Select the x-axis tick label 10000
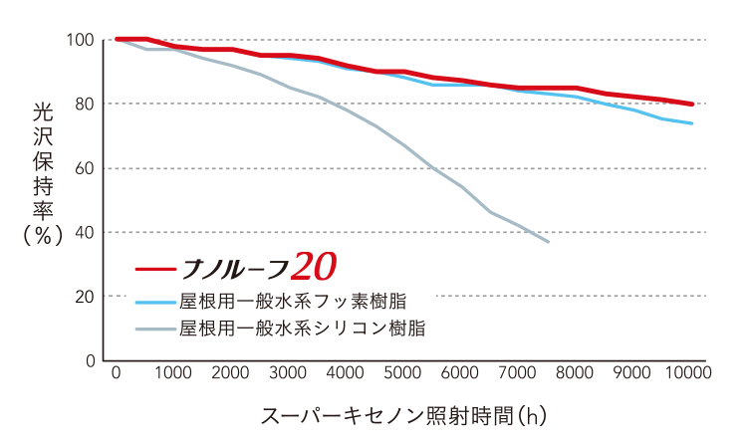pyautogui.click(x=690, y=373)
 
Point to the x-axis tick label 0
pyautogui.click(x=117, y=373)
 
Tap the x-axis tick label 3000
pyautogui.click(x=289, y=373)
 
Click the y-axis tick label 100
pyautogui.click(x=80, y=40)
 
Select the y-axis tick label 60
pyautogui.click(x=84, y=168)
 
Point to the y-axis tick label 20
pyautogui.click(x=84, y=297)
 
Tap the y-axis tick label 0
pyautogui.click(x=89, y=360)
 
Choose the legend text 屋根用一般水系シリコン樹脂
pyautogui.click(x=303, y=329)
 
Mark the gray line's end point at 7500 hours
pyautogui.click(x=548, y=242)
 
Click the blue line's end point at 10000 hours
pyautogui.click(x=692, y=123)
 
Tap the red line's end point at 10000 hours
pyautogui.click(x=692, y=104)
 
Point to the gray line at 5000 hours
pyautogui.click(x=403, y=145)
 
